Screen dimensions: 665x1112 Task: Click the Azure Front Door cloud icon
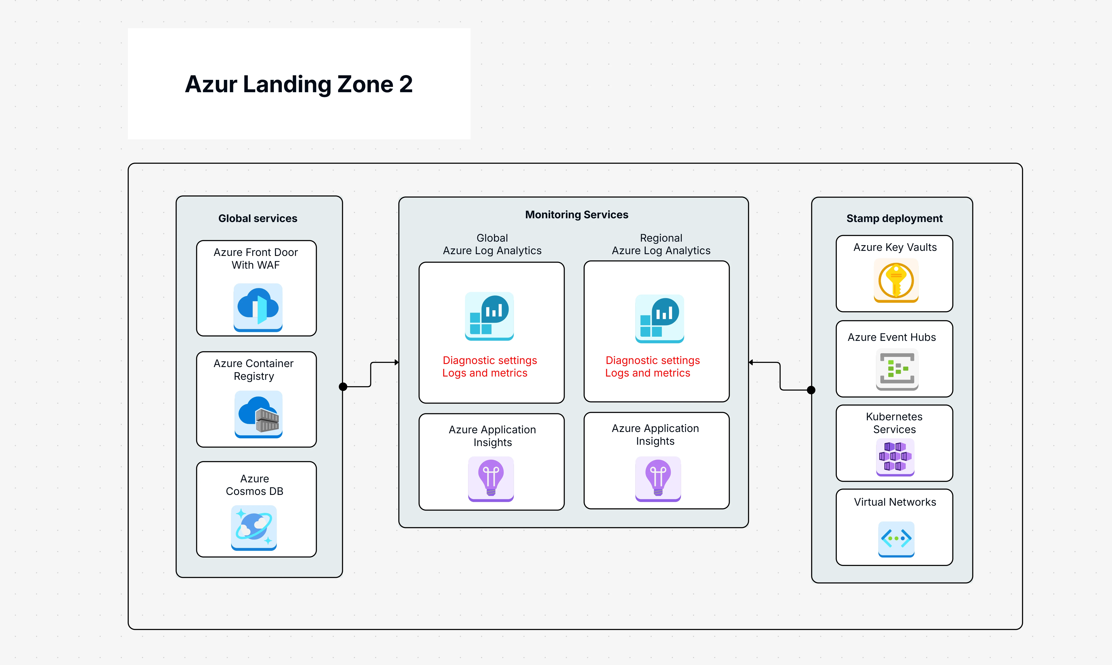258,307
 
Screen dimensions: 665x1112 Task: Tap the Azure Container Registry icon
258,414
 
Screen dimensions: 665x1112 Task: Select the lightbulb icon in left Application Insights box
491,479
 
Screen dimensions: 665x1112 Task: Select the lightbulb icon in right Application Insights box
658,479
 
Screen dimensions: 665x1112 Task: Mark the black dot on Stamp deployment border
811,390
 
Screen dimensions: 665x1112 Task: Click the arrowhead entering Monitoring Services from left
396,362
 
